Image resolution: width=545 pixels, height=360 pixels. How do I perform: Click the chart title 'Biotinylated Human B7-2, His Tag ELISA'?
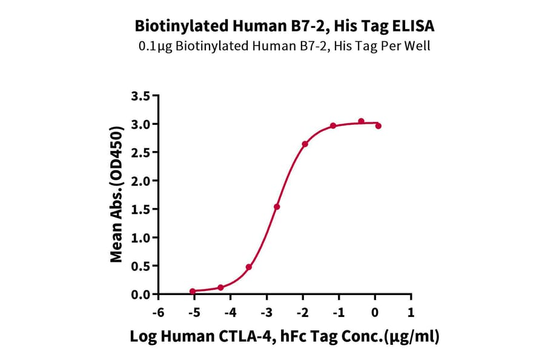[284, 26]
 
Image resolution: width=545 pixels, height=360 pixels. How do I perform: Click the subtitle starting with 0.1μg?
[284, 46]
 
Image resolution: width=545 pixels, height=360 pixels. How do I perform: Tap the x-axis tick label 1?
[411, 313]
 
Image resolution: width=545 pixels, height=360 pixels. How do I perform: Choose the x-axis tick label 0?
[375, 313]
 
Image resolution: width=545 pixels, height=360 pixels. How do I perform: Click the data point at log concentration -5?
[193, 292]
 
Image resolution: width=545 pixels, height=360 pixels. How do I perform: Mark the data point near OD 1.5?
[277, 207]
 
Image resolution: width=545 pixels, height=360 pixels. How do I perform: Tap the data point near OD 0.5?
[249, 267]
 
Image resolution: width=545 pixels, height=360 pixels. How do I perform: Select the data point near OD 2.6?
[305, 144]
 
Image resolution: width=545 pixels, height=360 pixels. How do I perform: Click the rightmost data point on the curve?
[378, 126]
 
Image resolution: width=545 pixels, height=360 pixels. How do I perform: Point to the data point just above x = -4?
[220, 287]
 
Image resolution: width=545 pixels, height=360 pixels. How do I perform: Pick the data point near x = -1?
[333, 125]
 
